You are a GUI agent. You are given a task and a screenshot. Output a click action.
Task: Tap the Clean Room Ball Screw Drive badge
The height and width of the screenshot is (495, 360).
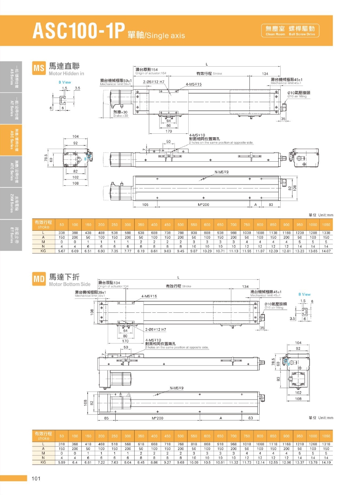pos(291,30)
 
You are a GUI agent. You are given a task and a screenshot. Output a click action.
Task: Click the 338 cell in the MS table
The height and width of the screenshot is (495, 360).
pos(62,233)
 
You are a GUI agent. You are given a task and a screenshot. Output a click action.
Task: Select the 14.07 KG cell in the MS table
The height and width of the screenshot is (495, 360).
pos(326,251)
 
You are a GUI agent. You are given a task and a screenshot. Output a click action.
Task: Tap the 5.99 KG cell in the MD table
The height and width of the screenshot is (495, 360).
pos(62,462)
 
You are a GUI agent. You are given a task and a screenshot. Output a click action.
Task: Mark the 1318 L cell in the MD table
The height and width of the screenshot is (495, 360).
pos(326,444)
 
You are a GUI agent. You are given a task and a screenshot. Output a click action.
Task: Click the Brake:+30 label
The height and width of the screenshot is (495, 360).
pos(120,114)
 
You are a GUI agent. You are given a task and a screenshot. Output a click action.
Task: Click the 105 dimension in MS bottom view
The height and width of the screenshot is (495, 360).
pos(145,205)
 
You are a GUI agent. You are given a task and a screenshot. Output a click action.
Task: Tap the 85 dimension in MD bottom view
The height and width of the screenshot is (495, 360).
pos(106,418)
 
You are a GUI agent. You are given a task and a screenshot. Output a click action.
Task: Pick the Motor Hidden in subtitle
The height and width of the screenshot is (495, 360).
pos(66,73)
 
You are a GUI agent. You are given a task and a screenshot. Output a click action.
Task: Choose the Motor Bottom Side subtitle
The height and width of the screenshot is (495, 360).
pos(69,284)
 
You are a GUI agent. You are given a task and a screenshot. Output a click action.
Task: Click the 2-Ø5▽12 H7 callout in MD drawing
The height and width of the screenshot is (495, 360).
pos(155,329)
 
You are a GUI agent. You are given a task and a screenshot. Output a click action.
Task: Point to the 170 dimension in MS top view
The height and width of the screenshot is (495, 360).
pos(168,131)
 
